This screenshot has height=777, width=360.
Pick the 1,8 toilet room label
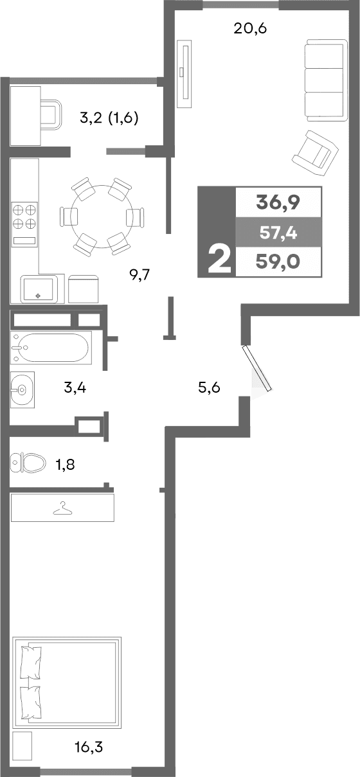click(66, 465)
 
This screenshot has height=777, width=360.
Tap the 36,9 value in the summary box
click(278, 203)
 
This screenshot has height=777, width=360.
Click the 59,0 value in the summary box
click(278, 262)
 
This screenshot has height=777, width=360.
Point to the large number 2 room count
click(219, 260)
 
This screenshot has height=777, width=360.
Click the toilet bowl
click(29, 462)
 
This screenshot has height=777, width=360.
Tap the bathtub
click(50, 348)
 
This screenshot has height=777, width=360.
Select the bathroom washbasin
click(22, 389)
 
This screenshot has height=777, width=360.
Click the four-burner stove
click(24, 217)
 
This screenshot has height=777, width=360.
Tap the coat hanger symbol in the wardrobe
click(62, 508)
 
